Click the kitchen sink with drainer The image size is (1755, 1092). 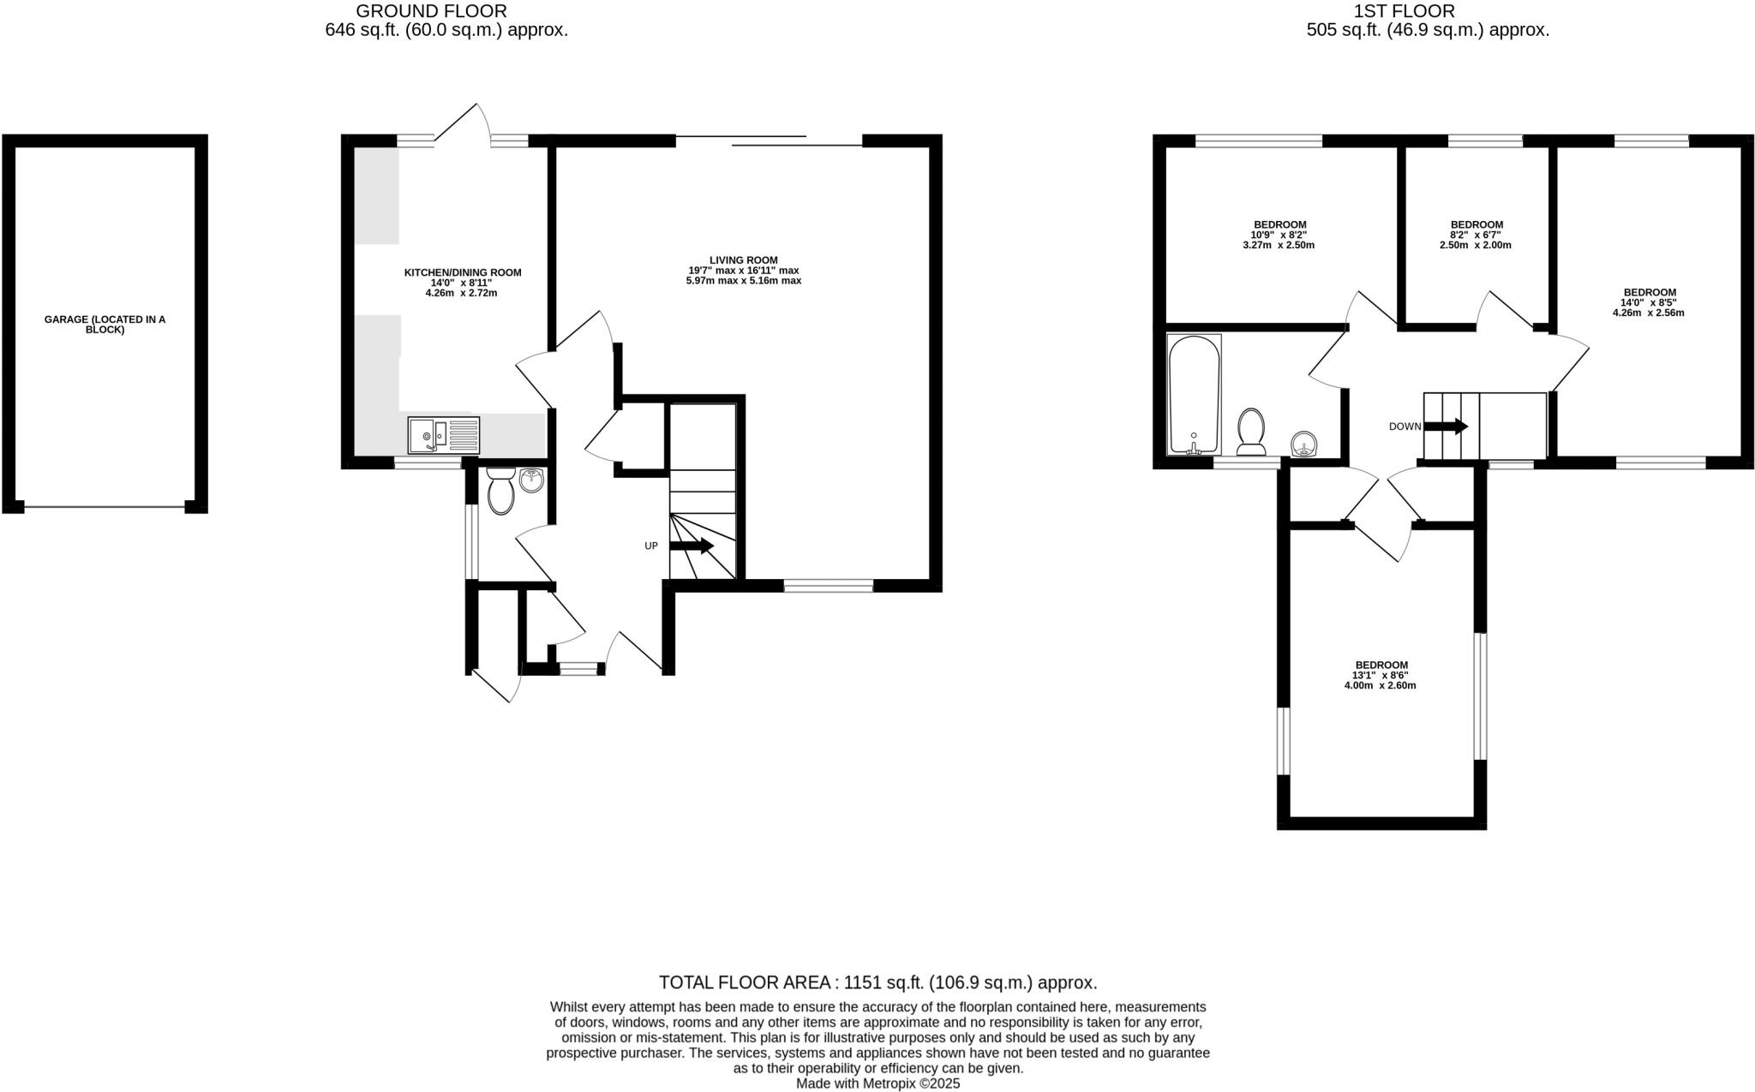coord(443,435)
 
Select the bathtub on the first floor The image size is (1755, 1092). coord(1194,394)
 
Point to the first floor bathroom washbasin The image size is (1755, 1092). coord(1303,445)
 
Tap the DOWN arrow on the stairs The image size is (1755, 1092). coord(1446,426)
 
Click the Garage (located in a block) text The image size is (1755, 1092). coord(105,325)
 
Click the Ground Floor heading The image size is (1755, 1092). coord(431,11)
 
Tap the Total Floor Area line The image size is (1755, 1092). coord(877,982)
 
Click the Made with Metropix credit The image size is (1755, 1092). coord(877,1083)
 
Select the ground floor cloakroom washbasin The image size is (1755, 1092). coord(532,479)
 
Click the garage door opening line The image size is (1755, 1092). coord(105,508)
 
